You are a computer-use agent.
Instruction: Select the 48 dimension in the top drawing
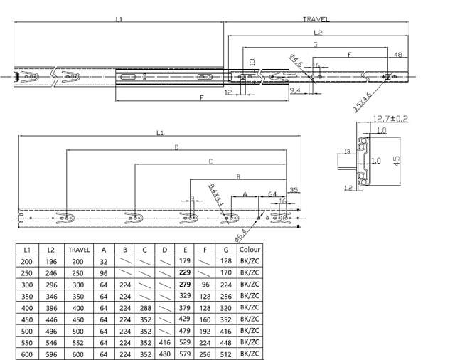click(x=397, y=55)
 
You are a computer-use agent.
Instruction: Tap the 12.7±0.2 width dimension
click(x=390, y=118)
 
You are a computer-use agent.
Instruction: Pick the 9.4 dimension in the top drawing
click(x=294, y=90)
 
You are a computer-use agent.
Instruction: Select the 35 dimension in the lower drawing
click(x=294, y=190)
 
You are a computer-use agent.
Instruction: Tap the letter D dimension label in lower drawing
click(x=176, y=147)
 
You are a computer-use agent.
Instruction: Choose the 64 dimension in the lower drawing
click(x=272, y=193)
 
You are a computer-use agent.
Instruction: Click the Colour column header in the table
click(x=250, y=250)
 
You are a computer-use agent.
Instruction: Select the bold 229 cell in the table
click(x=187, y=272)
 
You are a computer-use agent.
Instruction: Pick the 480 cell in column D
click(x=165, y=352)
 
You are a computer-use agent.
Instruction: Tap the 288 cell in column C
click(x=144, y=307)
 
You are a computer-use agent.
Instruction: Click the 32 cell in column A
click(x=104, y=262)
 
